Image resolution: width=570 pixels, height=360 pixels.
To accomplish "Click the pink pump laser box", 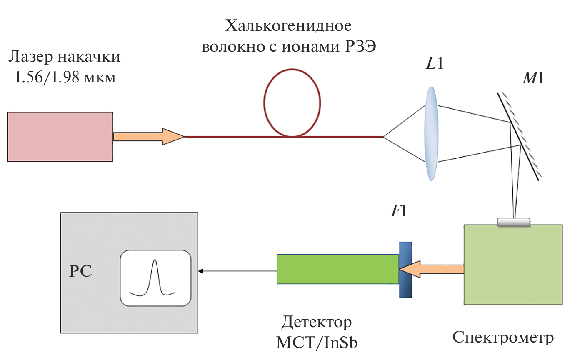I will (60, 136).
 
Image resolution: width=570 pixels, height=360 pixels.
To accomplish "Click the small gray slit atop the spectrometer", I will (514, 222).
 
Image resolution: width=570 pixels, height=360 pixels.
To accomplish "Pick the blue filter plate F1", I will (405, 270).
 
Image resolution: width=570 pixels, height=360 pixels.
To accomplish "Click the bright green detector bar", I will (338, 269).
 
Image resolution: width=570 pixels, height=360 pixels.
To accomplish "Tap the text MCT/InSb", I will (317, 342).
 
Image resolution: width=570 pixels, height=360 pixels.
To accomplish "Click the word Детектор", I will (317, 323).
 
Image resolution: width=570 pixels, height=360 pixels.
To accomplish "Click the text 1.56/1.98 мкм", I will (65, 77).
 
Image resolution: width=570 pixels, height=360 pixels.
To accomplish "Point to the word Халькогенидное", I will (288, 27).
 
